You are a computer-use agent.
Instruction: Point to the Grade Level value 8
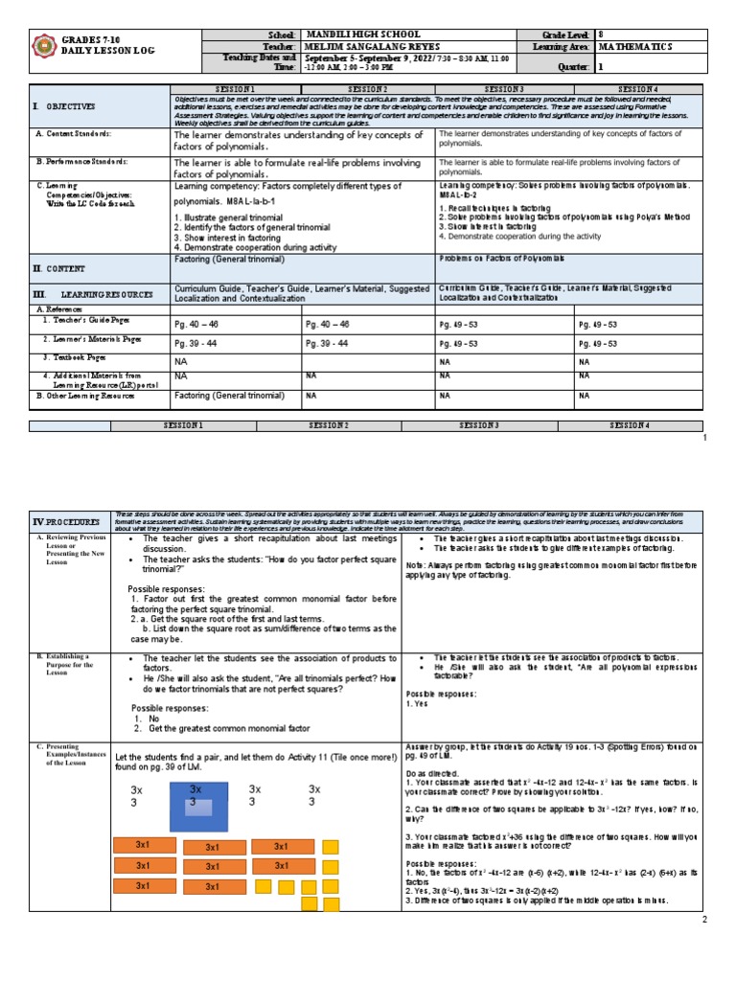pos(601,34)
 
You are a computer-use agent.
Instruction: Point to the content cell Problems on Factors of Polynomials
pos(502,260)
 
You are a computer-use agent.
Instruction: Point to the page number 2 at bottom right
pos(703,921)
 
